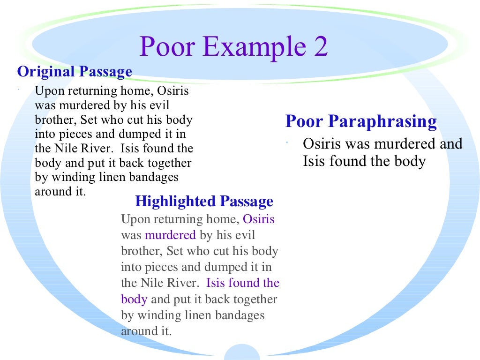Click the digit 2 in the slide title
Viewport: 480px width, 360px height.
[319, 46]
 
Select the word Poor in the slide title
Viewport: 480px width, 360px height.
[167, 46]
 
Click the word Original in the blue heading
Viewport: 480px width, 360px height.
[46, 72]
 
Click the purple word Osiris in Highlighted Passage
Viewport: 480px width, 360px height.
[259, 219]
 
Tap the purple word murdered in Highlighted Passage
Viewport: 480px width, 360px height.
[170, 235]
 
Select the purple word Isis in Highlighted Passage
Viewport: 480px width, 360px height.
[215, 283]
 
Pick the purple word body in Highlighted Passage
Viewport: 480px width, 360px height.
[134, 299]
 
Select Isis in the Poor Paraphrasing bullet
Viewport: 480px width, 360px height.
[314, 161]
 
